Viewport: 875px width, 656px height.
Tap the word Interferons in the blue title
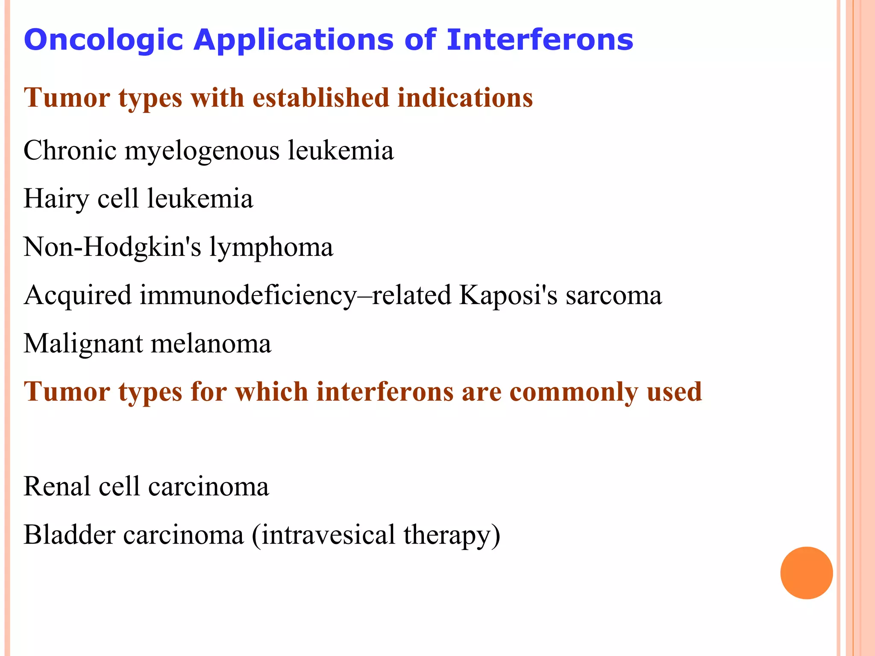coord(540,40)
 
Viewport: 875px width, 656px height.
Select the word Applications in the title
coord(293,40)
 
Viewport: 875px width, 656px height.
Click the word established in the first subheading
coord(320,97)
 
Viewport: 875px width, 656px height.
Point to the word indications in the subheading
coord(465,97)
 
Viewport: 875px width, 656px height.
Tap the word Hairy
coord(56,199)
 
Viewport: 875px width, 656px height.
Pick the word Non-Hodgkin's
coord(112,247)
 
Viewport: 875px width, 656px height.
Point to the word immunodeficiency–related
coord(295,296)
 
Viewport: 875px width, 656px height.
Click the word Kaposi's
coord(508,296)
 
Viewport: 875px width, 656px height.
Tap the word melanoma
coord(211,343)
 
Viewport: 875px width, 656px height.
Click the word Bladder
coord(69,535)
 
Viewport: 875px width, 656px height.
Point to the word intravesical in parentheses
coord(328,535)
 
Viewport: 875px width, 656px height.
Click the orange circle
coord(806,573)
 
